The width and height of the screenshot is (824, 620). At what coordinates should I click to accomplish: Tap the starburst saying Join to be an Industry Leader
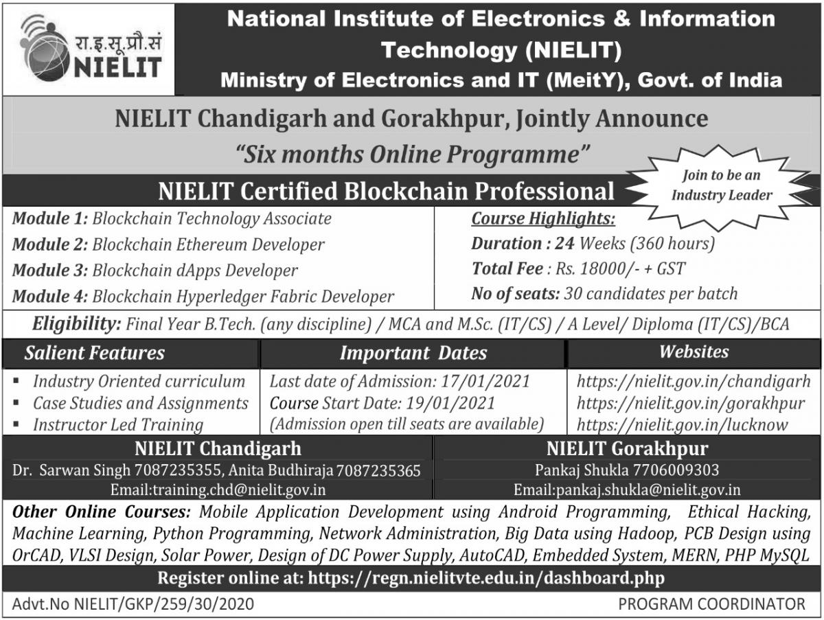(721, 185)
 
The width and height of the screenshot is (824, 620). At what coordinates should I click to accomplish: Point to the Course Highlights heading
(542, 219)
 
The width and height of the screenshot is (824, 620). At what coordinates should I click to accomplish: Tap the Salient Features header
(95, 353)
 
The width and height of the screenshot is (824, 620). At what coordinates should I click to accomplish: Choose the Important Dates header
(413, 354)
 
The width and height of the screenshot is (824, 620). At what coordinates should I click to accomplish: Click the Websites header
(694, 352)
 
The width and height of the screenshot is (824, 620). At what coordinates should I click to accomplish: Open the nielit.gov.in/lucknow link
(682, 425)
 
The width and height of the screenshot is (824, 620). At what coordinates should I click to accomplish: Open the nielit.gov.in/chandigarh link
(694, 381)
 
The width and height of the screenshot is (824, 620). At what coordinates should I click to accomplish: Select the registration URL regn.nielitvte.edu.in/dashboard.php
(486, 578)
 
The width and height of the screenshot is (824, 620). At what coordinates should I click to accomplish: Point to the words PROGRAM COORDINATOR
(711, 604)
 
